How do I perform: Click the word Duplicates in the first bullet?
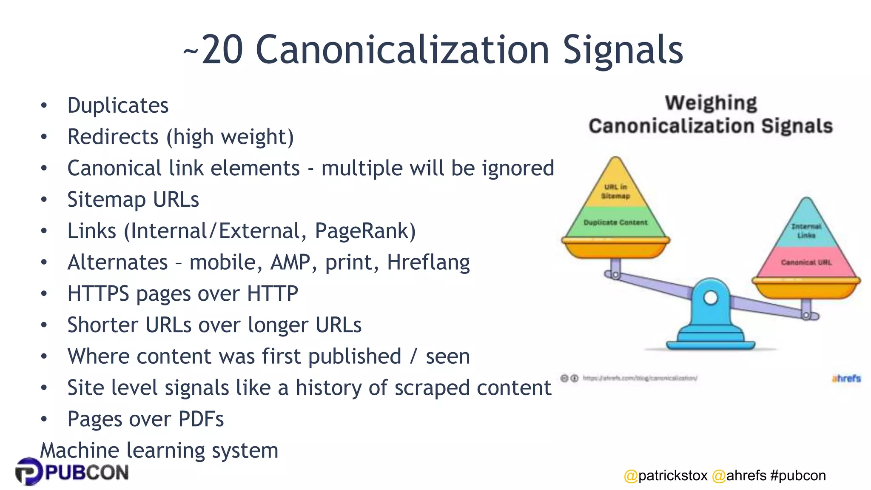118,105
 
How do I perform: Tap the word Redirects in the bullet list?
113,137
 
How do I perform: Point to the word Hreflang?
428,262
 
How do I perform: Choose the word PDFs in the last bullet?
201,419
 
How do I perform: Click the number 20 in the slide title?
222,50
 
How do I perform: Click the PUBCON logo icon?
28,471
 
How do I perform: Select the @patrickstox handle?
666,476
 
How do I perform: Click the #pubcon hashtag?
798,476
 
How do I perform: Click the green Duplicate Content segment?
615,222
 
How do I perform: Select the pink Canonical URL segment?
806,262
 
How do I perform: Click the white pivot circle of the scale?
711,297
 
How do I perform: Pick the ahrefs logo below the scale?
846,378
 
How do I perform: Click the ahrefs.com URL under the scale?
640,378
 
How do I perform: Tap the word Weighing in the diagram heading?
711,103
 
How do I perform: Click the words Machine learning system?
159,450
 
